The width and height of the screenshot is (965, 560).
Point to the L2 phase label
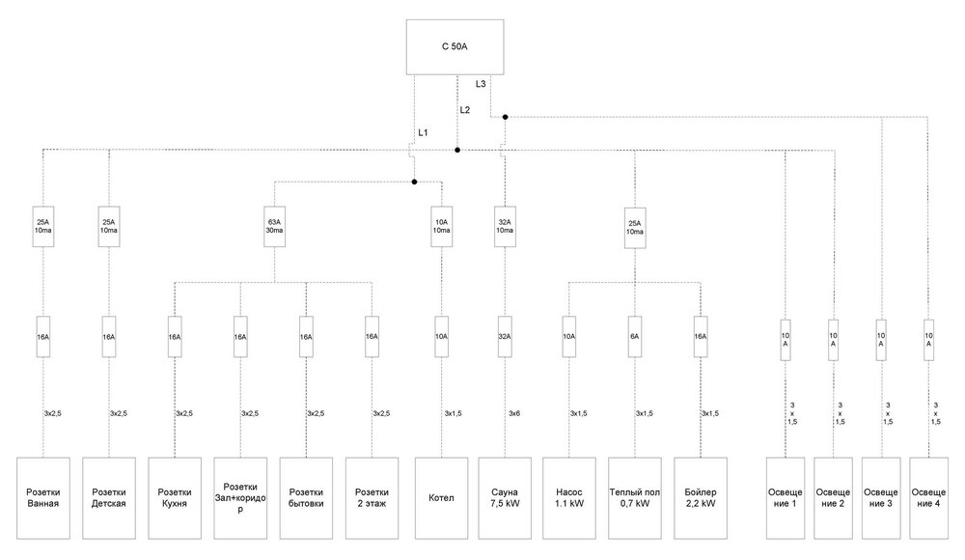[x=465, y=109]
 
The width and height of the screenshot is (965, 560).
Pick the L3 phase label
[x=481, y=84]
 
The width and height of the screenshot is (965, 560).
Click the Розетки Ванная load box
[x=44, y=497]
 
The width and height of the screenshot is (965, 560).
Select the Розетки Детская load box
[x=109, y=497]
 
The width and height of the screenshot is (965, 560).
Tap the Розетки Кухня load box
[x=175, y=497]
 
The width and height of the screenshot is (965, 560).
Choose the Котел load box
[x=441, y=497]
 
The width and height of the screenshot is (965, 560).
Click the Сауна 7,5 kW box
[x=504, y=497]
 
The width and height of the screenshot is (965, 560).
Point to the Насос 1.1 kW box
[x=569, y=497]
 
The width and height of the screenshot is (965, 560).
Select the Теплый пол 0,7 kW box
[x=635, y=497]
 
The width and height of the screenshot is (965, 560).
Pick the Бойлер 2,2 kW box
[x=700, y=497]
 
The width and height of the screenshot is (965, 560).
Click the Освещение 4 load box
[x=928, y=497]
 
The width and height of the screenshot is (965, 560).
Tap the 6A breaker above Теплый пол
[x=635, y=337]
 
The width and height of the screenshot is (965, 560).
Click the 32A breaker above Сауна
[x=504, y=337]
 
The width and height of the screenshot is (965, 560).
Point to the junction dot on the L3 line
[x=505, y=117]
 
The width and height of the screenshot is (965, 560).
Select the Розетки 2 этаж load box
[x=372, y=497]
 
